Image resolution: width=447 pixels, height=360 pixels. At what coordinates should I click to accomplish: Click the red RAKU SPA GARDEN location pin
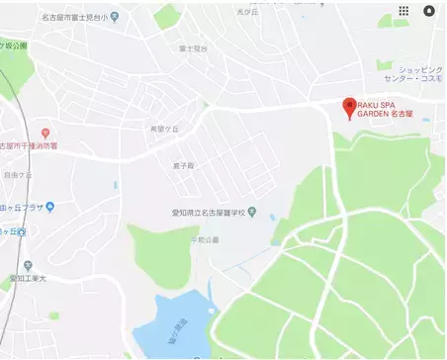[x=347, y=106]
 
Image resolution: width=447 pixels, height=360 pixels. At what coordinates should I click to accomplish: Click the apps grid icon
[x=403, y=11]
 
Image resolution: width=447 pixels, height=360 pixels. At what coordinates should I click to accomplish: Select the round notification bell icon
[x=429, y=11]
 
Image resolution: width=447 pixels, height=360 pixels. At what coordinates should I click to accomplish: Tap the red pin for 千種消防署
[x=45, y=133]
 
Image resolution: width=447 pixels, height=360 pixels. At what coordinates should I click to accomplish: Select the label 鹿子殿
[x=183, y=166]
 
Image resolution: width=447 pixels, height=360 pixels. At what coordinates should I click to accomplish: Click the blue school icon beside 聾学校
[x=252, y=212]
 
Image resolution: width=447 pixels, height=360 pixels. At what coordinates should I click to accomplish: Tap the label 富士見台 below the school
[x=193, y=47]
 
